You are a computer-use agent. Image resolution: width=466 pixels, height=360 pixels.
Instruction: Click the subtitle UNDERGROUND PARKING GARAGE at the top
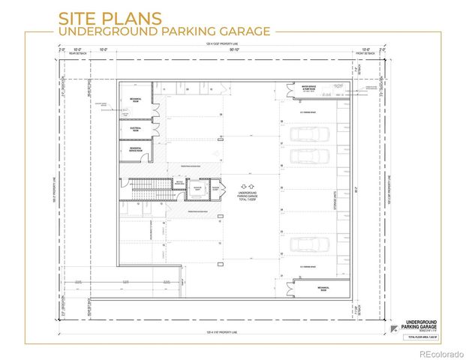(x=166, y=31)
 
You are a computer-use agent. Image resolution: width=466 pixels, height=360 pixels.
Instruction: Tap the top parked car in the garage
(x=309, y=134)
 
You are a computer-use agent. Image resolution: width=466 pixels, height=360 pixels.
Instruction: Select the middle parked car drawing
(x=309, y=157)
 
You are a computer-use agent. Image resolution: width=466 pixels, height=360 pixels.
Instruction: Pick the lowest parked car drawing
(x=309, y=244)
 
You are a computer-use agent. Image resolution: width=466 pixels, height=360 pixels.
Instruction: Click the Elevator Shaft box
(x=198, y=190)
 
